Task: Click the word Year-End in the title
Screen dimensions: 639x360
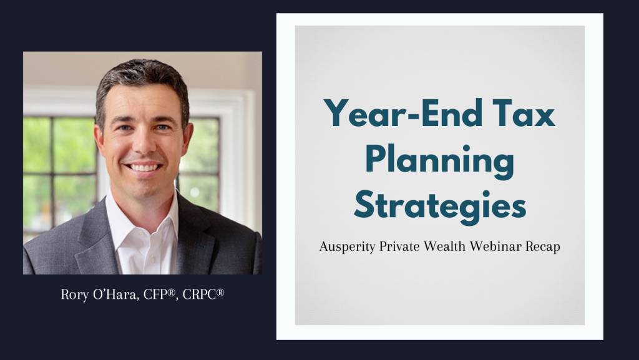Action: point(404,113)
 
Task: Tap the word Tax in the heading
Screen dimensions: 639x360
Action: point(524,113)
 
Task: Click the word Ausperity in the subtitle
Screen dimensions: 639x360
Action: point(347,247)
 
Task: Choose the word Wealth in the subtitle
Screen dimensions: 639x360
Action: point(444,246)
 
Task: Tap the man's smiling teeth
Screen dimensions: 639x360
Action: point(144,167)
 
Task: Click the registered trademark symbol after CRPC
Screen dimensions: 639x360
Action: point(220,292)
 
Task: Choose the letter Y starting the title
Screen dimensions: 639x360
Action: point(337,113)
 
